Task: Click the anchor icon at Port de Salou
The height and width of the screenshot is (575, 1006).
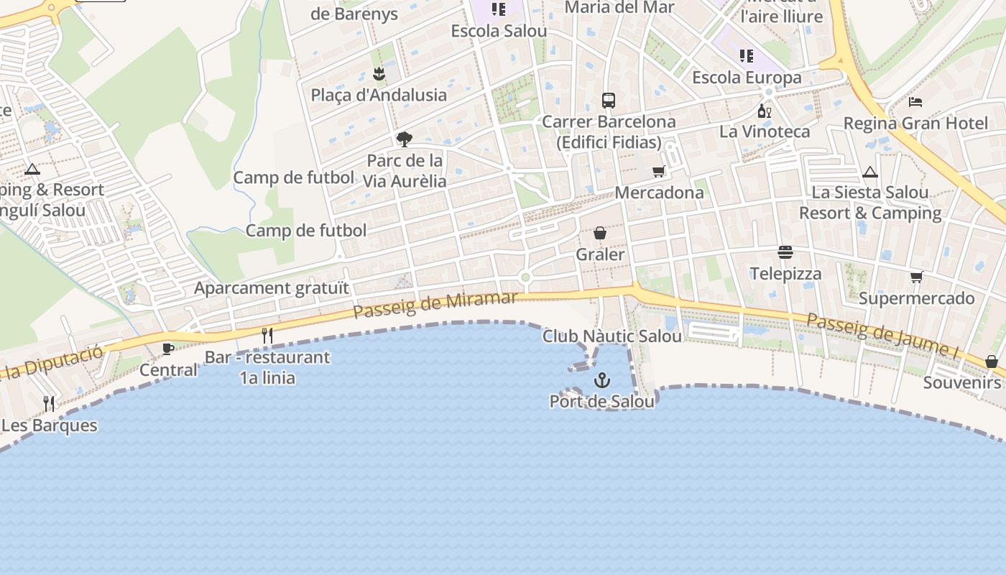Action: [x=601, y=380]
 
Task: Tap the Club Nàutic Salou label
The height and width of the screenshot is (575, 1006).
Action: [x=612, y=336]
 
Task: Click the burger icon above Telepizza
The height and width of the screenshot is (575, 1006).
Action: [x=785, y=252]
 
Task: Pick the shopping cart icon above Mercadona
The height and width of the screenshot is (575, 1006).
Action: [x=658, y=171]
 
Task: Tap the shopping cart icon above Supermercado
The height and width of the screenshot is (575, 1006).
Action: [x=916, y=277]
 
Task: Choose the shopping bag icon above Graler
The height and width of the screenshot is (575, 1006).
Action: [x=600, y=233]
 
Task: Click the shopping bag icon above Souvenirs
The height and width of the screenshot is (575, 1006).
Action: [x=992, y=361]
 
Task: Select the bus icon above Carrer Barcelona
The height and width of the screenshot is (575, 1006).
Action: [x=609, y=101]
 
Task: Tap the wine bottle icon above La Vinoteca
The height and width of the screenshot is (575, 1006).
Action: [x=764, y=111]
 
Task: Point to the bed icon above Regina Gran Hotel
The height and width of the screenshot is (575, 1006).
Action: [x=915, y=101]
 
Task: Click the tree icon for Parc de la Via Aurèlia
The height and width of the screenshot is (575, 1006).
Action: [x=405, y=139]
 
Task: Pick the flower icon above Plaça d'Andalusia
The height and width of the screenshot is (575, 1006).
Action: [x=379, y=73]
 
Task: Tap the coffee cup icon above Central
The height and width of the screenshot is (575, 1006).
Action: [x=168, y=349]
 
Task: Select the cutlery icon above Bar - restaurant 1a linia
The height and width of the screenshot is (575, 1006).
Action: [x=267, y=335]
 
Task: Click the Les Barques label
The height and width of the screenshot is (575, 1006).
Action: [x=49, y=425]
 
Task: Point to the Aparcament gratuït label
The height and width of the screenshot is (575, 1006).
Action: [x=272, y=288]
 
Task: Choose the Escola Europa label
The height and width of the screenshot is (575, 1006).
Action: [x=747, y=78]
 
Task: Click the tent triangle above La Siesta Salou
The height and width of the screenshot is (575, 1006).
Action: [x=870, y=172]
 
